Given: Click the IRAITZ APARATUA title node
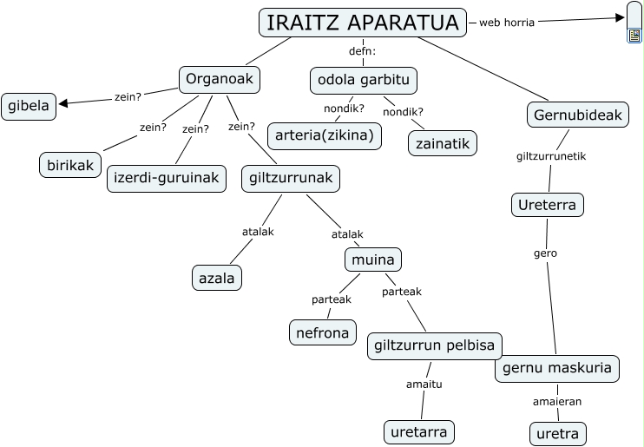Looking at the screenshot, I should coord(362,23).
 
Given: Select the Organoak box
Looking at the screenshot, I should coord(220,80).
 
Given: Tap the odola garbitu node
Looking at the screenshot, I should coord(364,80).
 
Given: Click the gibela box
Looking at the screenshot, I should coord(29,107).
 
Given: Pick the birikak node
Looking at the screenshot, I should coord(70,164).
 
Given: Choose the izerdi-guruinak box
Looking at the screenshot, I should coord(168,179).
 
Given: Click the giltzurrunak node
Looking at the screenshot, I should coord(290,179).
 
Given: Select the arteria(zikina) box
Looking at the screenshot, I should coord(325,135).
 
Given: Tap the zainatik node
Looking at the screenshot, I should coord(443,141).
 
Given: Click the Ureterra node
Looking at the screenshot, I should coord(547,205).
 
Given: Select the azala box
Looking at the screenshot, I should coord(216,277).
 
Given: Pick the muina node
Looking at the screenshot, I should coord(373,259).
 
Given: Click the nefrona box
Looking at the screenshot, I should coord(321,332).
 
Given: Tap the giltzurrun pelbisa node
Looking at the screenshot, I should coord(434,345).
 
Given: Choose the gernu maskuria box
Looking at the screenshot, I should coord(557,367).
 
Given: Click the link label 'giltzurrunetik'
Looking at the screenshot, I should coord(551,156).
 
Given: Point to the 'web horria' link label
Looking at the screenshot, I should coord(507,22).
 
